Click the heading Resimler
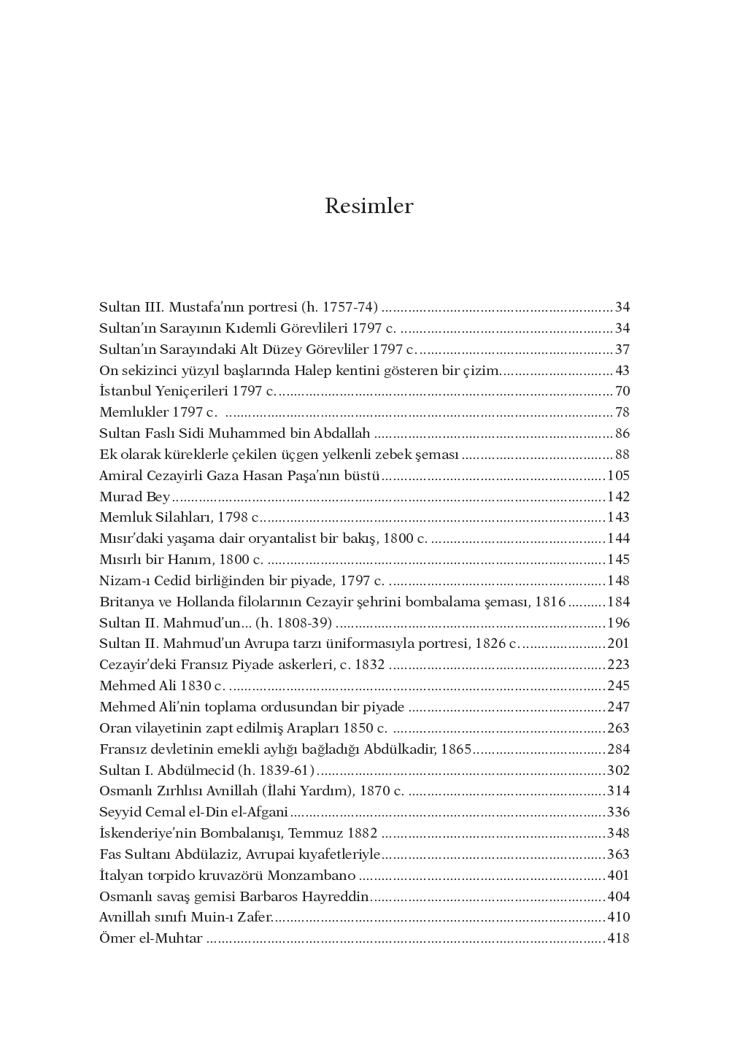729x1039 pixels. point(369,206)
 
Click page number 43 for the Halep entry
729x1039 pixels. point(622,371)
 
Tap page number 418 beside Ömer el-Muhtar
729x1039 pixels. point(618,938)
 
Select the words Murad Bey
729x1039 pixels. point(134,497)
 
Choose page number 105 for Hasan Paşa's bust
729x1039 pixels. point(618,476)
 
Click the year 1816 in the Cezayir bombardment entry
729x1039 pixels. point(550,602)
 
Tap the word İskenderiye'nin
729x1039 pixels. point(144,833)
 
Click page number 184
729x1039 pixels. point(618,602)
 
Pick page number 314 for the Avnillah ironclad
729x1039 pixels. point(618,791)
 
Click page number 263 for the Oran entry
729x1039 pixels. point(618,728)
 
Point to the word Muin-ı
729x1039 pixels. point(195,917)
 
